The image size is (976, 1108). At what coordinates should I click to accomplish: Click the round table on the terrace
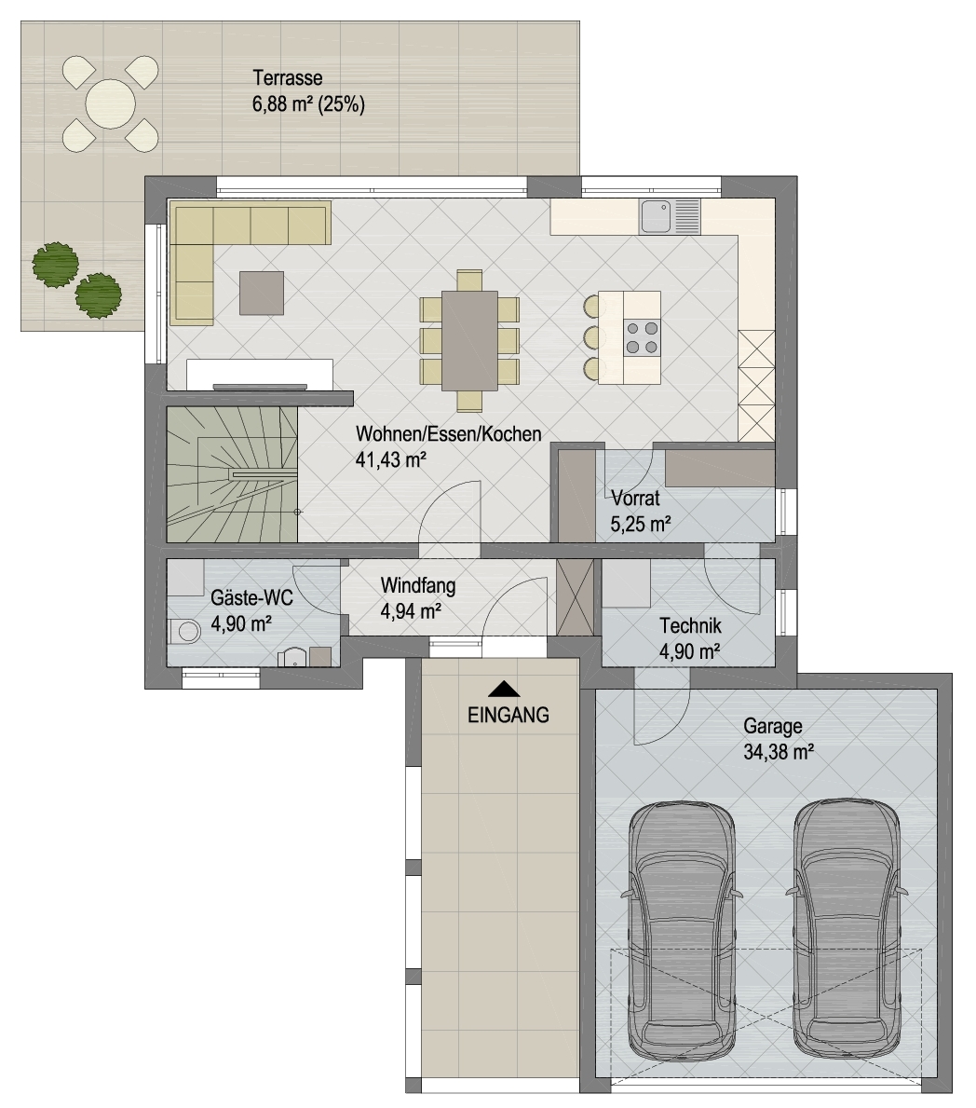tap(110, 103)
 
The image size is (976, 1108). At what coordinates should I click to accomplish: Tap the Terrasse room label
tap(288, 77)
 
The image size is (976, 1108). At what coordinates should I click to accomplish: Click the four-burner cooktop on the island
tap(642, 337)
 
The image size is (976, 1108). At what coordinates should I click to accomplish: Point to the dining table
tap(469, 340)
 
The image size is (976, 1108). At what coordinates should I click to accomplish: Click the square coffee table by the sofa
tap(262, 293)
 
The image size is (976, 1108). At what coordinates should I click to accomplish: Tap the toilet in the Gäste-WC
tap(184, 630)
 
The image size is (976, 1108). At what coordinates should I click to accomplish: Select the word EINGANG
tap(508, 715)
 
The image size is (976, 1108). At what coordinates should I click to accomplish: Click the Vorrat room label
tap(635, 498)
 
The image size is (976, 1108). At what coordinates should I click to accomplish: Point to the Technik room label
tap(691, 625)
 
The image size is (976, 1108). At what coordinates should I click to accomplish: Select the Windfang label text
tap(418, 586)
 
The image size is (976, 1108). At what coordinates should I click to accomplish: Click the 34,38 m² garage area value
tap(779, 752)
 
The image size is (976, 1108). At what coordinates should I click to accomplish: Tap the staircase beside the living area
tap(232, 475)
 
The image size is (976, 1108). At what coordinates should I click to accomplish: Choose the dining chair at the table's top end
tap(469, 280)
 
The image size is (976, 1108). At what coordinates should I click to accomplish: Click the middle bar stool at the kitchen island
tap(593, 337)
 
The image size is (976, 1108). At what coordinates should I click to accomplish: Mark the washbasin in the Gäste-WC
tap(291, 658)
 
